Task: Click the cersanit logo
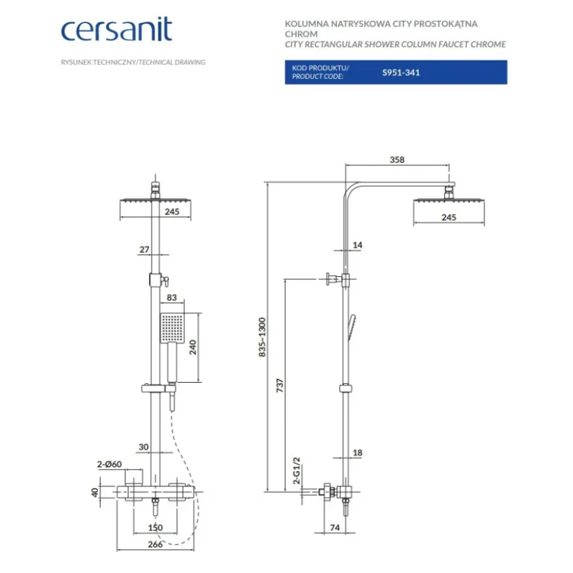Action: pyautogui.click(x=117, y=29)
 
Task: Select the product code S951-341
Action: pyautogui.click(x=401, y=73)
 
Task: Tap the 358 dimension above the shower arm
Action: pyautogui.click(x=397, y=160)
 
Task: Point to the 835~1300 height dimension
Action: pyautogui.click(x=262, y=337)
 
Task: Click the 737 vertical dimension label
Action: pyautogui.click(x=280, y=386)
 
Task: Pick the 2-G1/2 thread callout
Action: pyautogui.click(x=296, y=470)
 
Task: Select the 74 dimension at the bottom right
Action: pyautogui.click(x=335, y=528)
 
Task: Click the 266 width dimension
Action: pyautogui.click(x=155, y=544)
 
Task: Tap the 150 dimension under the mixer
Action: pyautogui.click(x=155, y=528)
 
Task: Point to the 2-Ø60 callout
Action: pyautogui.click(x=110, y=464)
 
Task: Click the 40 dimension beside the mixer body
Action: pyautogui.click(x=95, y=492)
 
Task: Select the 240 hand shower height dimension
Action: pyautogui.click(x=192, y=347)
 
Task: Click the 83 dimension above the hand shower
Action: pyautogui.click(x=172, y=297)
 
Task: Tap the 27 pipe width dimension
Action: pyautogui.click(x=145, y=249)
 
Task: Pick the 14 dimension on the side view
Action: pyautogui.click(x=357, y=245)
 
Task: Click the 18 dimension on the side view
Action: pyautogui.click(x=357, y=453)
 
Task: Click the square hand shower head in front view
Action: pyautogui.click(x=172, y=328)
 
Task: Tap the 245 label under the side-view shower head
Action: pyautogui.click(x=449, y=218)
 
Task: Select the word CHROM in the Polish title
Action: pyautogui.click(x=301, y=34)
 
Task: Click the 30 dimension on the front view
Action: pyautogui.click(x=144, y=447)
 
